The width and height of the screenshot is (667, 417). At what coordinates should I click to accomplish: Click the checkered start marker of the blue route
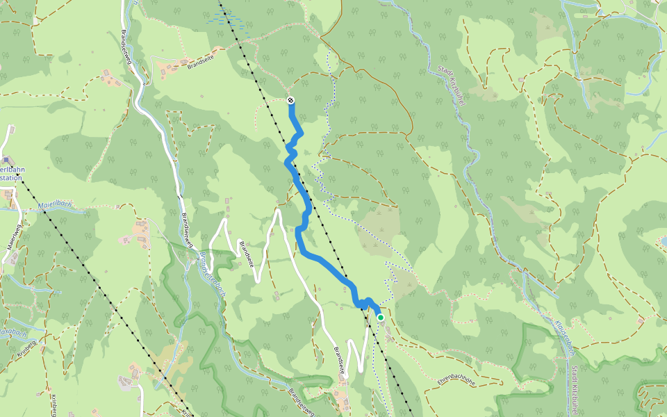coord(290,101)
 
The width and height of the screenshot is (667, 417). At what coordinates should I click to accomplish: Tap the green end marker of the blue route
coord(380,317)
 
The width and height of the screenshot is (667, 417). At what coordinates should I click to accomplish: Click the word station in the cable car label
coord(10,178)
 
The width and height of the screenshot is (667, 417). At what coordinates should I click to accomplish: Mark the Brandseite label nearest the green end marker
coord(338,361)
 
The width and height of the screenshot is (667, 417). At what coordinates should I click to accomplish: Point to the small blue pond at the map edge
coord(663,240)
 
